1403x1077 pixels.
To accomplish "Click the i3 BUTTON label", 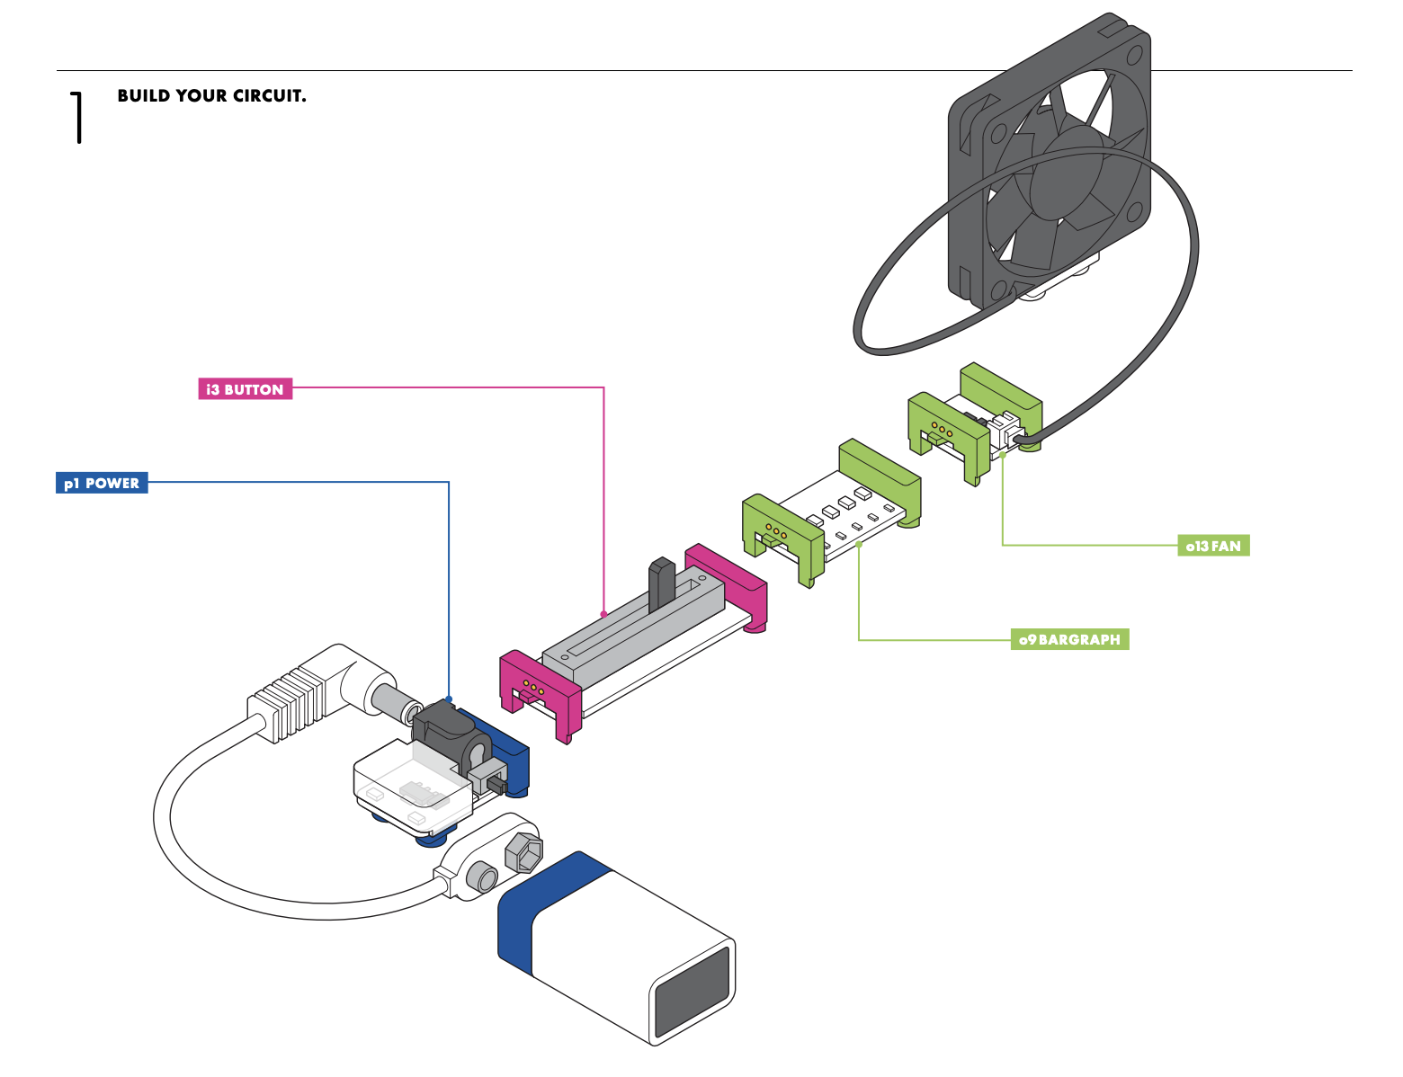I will (x=245, y=389).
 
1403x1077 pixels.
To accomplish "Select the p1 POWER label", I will (x=102, y=483).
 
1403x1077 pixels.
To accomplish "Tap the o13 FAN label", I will (x=1213, y=546).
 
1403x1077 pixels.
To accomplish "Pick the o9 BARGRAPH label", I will (x=1069, y=639).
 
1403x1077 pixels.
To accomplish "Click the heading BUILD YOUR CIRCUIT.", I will (x=211, y=96).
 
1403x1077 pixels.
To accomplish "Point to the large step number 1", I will (x=78, y=117).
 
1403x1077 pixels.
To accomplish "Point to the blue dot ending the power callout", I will (x=449, y=699).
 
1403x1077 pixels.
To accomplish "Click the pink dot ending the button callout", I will (x=603, y=614).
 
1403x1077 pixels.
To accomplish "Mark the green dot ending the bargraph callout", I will (x=859, y=544).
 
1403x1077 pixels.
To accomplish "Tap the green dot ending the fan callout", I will (x=1003, y=454).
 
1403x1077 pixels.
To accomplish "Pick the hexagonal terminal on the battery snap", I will (x=524, y=850).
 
